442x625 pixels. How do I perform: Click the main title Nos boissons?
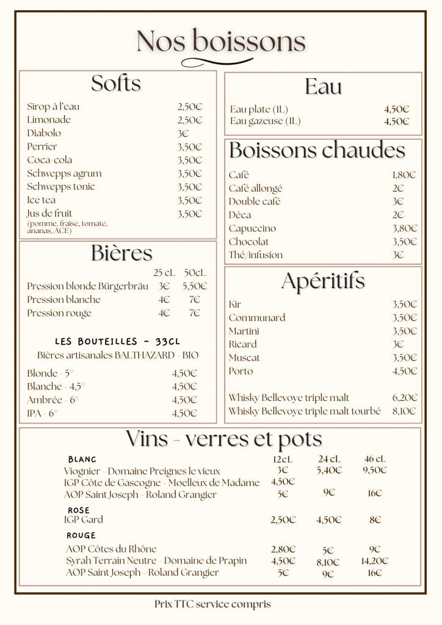pos(221,42)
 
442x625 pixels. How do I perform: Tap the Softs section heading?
pos(116,84)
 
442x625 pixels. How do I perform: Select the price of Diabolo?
pos(183,133)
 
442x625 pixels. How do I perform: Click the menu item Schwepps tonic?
pos(61,187)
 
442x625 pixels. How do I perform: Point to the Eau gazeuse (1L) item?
pos(266,121)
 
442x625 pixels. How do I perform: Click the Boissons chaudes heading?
pos(317,150)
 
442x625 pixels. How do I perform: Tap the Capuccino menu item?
pos(252,228)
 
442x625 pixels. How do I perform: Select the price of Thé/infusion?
pos(398,255)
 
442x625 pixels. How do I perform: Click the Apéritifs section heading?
pos(323,281)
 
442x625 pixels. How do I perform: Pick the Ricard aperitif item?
pos(243,344)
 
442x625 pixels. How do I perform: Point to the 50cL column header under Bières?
pos(195,272)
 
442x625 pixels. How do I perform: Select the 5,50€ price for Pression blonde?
pos(195,286)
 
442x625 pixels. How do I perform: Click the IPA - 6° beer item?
pos(42,413)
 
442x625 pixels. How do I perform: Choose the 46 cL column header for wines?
pos(375,459)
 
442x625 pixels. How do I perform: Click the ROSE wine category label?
pos(79,510)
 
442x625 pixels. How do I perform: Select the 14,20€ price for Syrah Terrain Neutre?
pos(375,561)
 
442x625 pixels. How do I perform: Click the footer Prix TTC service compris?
pos(212,604)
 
